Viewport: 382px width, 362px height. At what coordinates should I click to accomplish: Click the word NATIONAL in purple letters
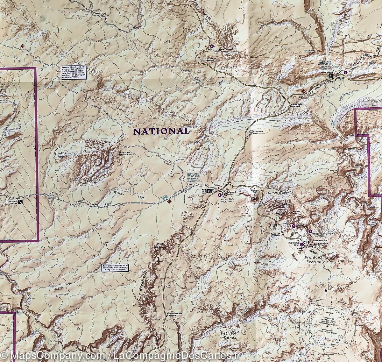click(161, 131)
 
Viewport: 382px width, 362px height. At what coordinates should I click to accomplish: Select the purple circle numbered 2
click(220, 195)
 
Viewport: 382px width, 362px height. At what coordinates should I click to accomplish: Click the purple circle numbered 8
click(212, 47)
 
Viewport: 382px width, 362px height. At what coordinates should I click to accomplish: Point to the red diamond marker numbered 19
click(22, 46)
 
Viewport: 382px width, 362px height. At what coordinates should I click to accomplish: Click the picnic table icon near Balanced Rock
click(210, 191)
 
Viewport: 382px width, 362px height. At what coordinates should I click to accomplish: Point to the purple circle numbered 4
click(310, 231)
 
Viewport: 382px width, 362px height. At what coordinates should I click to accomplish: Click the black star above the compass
click(326, 290)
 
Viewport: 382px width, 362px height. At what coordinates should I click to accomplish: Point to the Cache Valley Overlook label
click(295, 106)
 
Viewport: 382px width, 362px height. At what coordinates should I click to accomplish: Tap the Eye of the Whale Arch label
click(125, 153)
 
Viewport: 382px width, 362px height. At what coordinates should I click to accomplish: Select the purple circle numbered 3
click(302, 244)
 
